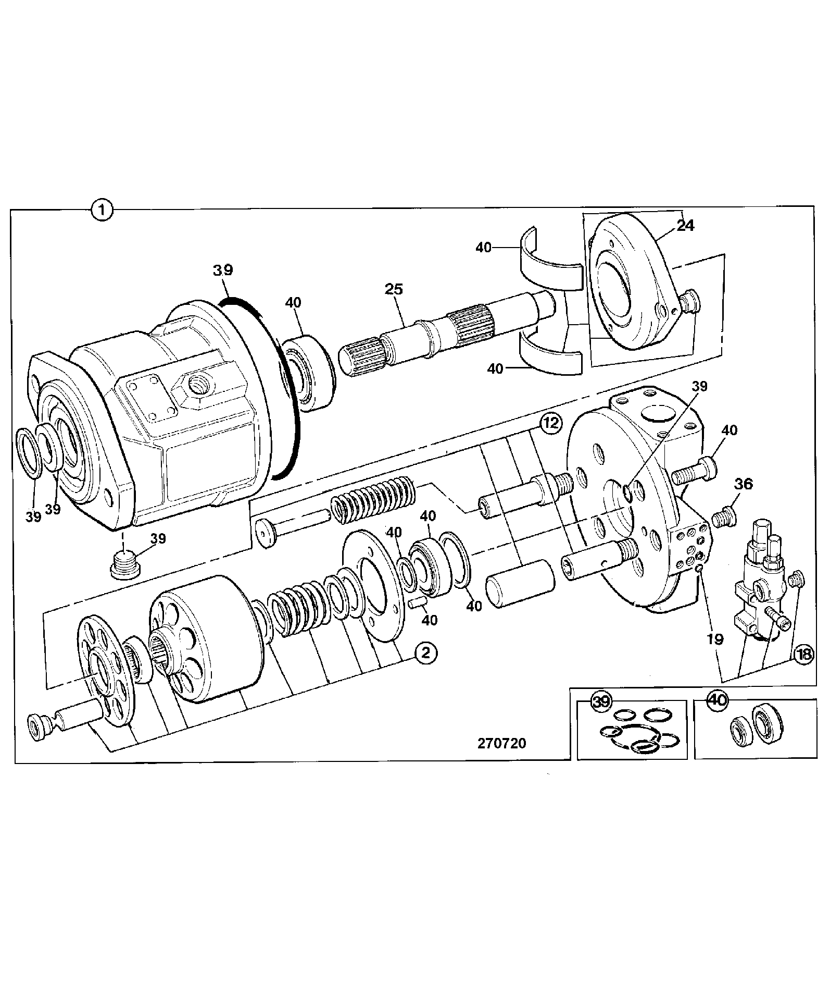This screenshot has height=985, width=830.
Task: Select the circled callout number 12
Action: click(x=550, y=423)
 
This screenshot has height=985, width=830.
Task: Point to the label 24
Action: click(x=686, y=225)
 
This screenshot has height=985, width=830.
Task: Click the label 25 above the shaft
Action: click(x=394, y=289)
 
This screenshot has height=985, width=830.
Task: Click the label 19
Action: click(x=715, y=639)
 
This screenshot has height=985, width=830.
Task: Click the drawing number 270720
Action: click(x=502, y=743)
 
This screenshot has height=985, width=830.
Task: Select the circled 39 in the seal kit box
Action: click(x=601, y=701)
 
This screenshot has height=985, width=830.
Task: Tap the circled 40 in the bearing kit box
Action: click(x=718, y=701)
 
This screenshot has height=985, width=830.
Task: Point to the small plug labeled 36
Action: click(x=724, y=518)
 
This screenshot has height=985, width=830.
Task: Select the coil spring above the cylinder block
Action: click(x=373, y=499)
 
